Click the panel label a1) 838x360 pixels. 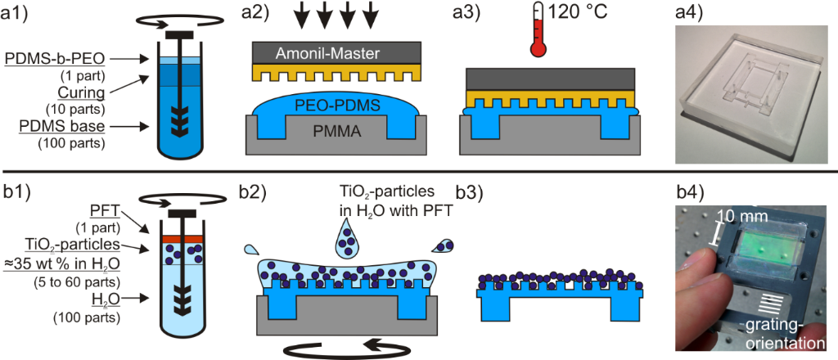point(17,16)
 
